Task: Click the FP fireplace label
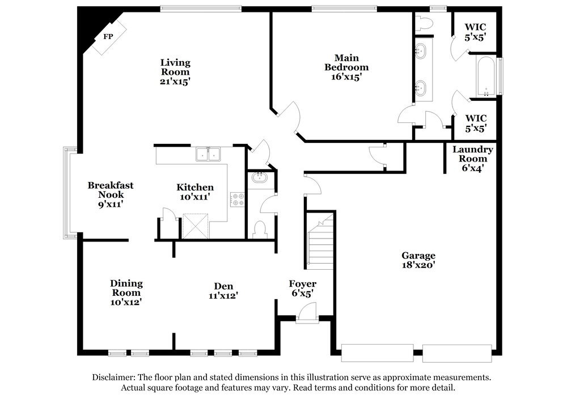click(108, 36)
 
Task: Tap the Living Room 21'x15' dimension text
click(175, 82)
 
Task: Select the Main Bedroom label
click(346, 62)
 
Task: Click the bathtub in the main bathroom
click(486, 77)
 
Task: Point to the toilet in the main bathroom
click(424, 23)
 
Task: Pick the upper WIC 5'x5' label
click(475, 32)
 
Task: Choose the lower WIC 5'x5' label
click(476, 123)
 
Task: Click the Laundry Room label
click(473, 154)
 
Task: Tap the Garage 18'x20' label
click(418, 260)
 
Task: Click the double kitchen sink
click(208, 154)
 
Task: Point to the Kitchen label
click(195, 187)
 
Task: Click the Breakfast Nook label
click(111, 190)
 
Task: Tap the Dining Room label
click(126, 288)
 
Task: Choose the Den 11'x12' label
click(223, 291)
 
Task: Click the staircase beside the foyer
click(320, 241)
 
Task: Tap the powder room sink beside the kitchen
click(259, 177)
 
